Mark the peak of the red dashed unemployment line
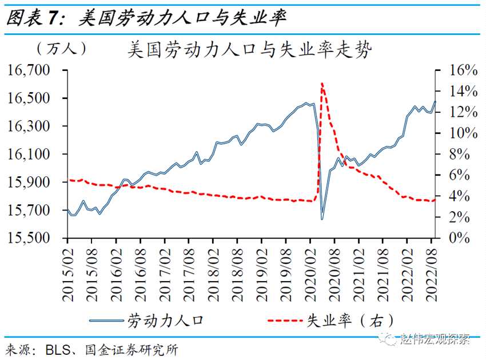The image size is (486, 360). pos(322,84)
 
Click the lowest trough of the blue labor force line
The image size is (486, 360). pos(322,219)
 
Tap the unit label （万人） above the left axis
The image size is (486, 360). pos(61,49)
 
